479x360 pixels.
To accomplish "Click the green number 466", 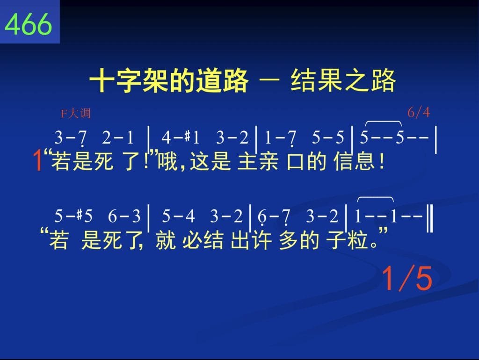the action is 28,24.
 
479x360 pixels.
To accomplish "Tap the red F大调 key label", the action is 76,114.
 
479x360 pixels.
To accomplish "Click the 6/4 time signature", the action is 419,112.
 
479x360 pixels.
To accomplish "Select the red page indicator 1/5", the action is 407,278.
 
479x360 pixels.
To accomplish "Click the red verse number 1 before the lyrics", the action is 38,161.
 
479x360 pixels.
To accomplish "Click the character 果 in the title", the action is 330,80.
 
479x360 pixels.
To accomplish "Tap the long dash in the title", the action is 269,80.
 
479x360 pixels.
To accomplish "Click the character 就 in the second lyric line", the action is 166,240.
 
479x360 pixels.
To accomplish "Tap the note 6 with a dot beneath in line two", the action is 262,217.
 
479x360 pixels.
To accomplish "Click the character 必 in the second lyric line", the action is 192,240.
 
